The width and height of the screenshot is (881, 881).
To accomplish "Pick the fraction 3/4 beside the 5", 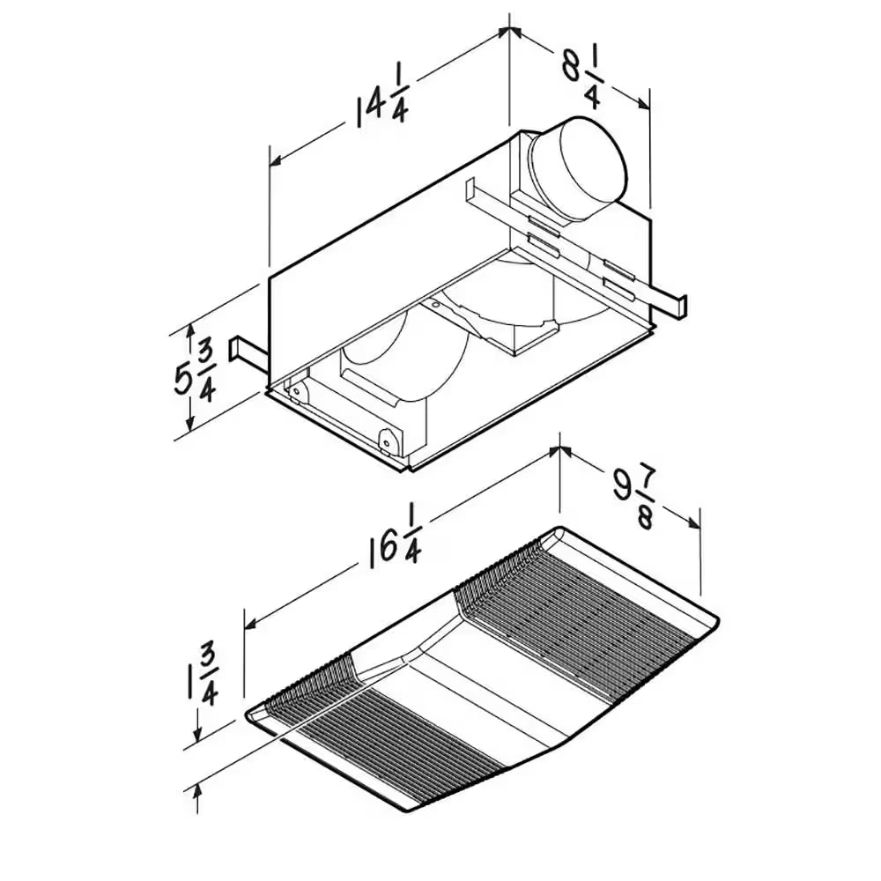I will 207,374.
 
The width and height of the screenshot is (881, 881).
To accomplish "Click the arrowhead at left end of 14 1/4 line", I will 275,160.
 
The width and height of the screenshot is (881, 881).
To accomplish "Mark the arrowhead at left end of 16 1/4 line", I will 250,625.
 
